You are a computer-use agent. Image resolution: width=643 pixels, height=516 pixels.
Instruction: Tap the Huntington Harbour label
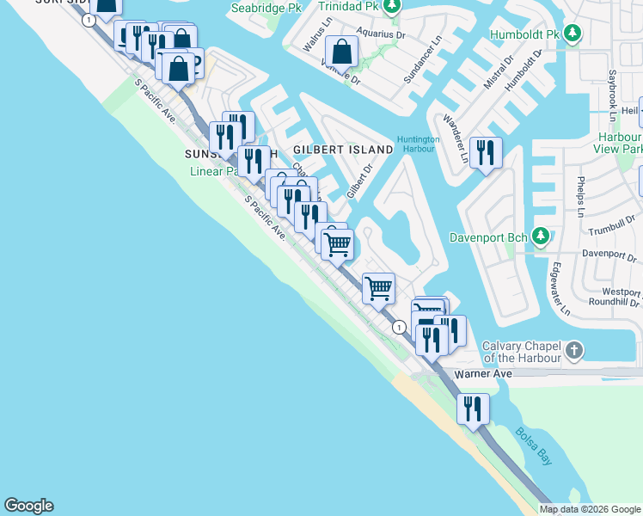(x=418, y=144)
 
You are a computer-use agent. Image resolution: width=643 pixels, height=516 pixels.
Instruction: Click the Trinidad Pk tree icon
(x=392, y=7)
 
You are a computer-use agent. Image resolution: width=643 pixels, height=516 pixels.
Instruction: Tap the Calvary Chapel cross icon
(x=575, y=350)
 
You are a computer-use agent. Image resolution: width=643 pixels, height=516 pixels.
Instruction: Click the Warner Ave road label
(x=483, y=374)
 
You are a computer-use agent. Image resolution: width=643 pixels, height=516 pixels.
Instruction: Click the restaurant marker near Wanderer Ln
(x=486, y=154)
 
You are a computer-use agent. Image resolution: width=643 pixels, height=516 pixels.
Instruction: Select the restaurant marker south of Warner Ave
(x=473, y=410)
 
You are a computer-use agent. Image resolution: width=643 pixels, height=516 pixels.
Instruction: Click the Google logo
(x=28, y=506)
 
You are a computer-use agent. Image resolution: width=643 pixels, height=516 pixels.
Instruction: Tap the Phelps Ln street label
(x=581, y=199)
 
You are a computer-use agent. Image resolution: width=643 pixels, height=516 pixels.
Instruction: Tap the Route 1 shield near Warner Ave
(x=399, y=328)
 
